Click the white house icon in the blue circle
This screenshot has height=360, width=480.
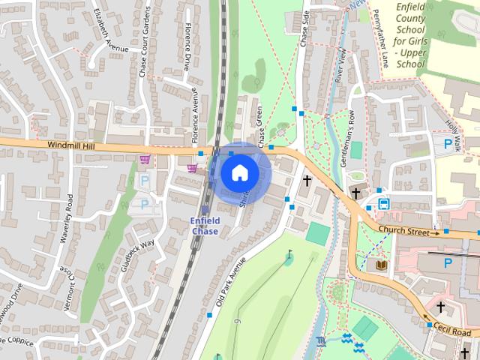click(239, 172)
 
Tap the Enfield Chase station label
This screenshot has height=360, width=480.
click(205, 226)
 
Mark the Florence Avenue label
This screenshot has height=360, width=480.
click(194, 115)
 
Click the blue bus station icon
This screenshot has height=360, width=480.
click(383, 203)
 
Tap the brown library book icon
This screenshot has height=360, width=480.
click(381, 265)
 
